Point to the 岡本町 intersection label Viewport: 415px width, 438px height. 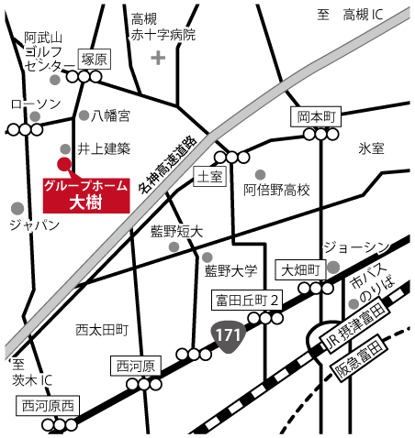[319, 116]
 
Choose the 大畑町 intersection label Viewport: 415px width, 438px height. [300, 269]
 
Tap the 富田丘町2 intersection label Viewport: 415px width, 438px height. [247, 300]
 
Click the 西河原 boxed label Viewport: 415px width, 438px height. [137, 367]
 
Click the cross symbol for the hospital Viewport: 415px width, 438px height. [158, 59]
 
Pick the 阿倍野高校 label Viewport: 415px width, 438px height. [277, 191]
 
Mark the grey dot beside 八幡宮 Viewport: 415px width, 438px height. [84, 116]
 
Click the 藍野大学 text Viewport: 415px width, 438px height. [230, 270]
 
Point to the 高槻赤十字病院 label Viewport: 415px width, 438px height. [163, 27]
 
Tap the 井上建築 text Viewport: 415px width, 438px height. [104, 148]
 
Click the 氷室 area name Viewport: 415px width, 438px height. [372, 148]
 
